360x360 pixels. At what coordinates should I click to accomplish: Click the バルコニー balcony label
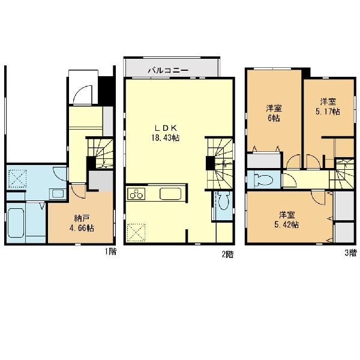[x=168, y=70]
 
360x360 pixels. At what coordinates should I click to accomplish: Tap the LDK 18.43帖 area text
[x=166, y=133]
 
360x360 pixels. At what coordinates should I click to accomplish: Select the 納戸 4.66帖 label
[x=82, y=223]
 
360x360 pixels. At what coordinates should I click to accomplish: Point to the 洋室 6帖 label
[x=274, y=113]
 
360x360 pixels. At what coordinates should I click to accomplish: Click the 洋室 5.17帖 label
[x=328, y=107]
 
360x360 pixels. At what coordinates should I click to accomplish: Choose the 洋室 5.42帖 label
[x=287, y=220]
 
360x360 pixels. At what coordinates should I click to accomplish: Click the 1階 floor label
[x=110, y=251]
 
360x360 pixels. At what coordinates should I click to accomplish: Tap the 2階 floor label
[x=227, y=254]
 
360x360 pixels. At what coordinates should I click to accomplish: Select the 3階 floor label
[x=350, y=253]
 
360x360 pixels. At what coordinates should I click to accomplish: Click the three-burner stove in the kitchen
[x=136, y=193]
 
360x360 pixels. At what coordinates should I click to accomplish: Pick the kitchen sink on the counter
[x=170, y=194]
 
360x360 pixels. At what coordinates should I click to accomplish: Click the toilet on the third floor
[x=263, y=180]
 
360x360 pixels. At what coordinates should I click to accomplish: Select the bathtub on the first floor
[x=16, y=223]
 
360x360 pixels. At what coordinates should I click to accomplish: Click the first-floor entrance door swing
[x=83, y=95]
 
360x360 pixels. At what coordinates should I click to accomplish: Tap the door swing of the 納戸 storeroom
[x=78, y=191]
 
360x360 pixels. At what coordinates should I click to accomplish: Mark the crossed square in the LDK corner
[x=136, y=232]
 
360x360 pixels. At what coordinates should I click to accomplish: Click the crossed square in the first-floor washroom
[x=17, y=179]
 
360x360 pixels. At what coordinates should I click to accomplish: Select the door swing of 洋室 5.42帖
[x=319, y=197]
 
